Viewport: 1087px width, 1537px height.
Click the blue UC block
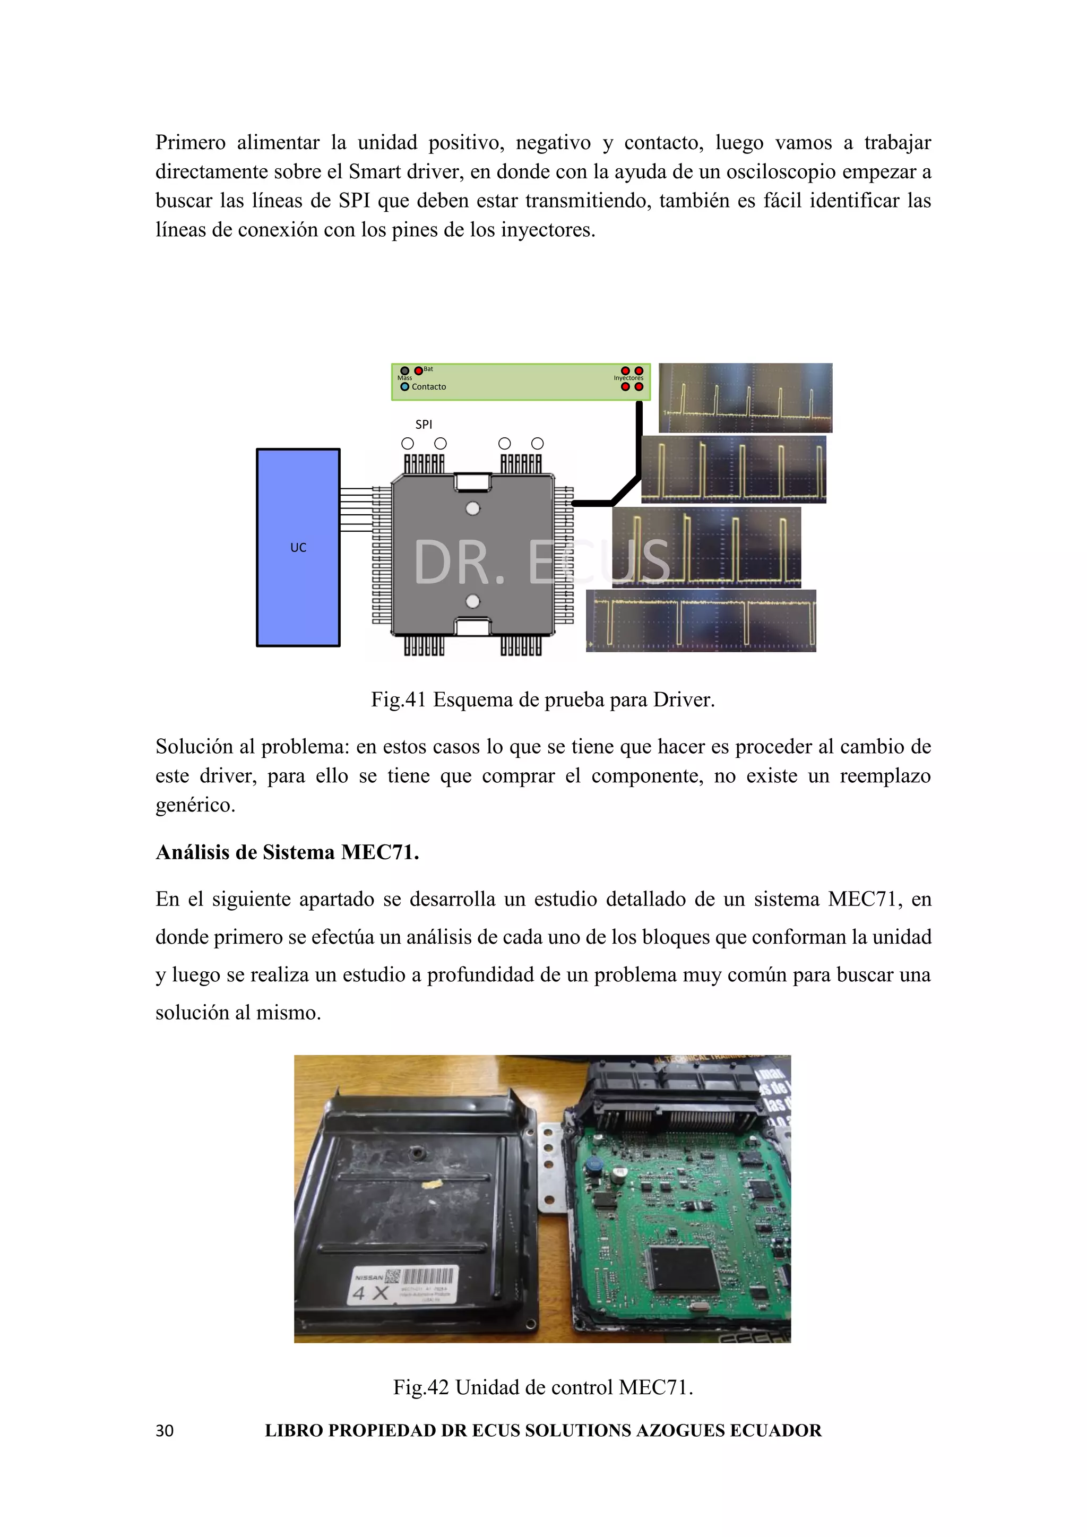click(x=298, y=547)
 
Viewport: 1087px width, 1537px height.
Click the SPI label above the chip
click(x=424, y=425)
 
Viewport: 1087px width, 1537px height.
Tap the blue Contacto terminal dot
click(x=404, y=387)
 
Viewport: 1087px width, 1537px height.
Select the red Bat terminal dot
click(x=418, y=370)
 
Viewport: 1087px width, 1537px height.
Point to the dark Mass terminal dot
click(x=404, y=370)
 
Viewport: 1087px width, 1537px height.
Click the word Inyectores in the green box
click(x=628, y=378)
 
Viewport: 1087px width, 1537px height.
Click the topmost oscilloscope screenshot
click(x=745, y=398)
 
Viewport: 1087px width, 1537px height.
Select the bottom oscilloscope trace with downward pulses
click(x=701, y=620)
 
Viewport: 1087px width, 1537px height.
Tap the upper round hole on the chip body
click(x=472, y=509)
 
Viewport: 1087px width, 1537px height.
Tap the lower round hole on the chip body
click(x=472, y=601)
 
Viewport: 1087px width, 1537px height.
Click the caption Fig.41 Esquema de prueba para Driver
click(x=543, y=700)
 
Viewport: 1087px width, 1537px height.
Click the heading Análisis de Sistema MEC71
click(x=287, y=852)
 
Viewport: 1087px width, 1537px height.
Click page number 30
click(x=165, y=1430)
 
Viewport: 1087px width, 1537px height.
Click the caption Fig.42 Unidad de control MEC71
click(x=543, y=1386)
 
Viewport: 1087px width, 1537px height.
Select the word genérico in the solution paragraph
click(x=195, y=805)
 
